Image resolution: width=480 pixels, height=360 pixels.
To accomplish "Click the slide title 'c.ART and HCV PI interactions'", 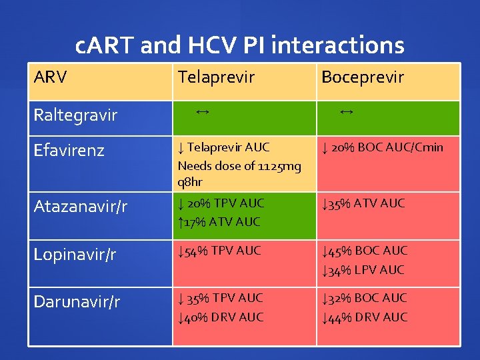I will click(x=240, y=45).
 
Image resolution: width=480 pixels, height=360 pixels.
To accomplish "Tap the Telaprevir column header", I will click(x=215, y=77).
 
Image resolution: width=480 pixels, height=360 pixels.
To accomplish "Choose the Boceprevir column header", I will click(x=362, y=77).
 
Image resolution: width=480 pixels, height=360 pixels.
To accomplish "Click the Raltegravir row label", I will click(x=75, y=115).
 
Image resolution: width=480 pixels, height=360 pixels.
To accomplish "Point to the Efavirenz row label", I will click(x=69, y=151).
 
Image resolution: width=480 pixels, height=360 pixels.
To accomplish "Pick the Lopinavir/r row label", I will click(x=75, y=255).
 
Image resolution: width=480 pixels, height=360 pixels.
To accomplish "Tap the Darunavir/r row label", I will click(x=77, y=302).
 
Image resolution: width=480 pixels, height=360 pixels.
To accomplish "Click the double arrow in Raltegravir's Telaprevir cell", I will click(x=203, y=112).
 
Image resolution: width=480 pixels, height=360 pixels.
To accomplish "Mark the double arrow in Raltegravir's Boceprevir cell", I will click(x=346, y=112).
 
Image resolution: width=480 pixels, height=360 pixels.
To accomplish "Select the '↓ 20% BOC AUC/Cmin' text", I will click(x=381, y=147).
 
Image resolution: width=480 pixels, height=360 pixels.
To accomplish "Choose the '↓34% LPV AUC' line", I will click(x=363, y=269).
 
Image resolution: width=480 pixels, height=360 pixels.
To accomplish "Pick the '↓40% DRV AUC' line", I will click(x=221, y=317).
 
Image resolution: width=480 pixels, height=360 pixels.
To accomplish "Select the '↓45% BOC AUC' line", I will click(x=364, y=251).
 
